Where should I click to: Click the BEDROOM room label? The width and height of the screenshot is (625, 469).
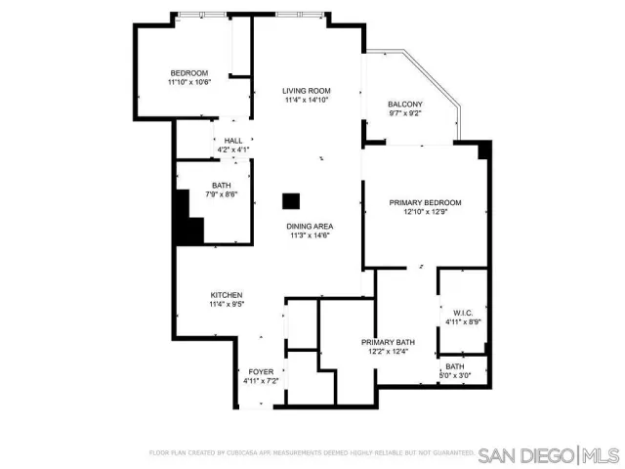[x=189, y=73]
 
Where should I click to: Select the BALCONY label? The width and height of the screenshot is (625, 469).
[x=405, y=105]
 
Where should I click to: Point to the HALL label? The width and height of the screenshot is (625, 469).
[x=233, y=141]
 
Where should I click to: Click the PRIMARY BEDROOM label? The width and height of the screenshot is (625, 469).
[x=425, y=202]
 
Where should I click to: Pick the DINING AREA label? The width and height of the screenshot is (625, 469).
[x=310, y=226]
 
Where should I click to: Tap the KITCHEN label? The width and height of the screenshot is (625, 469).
[x=227, y=295]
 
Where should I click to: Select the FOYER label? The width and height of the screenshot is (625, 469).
[x=261, y=371]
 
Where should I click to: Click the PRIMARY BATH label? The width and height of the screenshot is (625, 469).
[x=388, y=342]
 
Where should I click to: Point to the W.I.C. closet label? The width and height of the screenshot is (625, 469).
[x=463, y=313]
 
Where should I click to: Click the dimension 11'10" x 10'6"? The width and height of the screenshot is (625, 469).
[x=189, y=83]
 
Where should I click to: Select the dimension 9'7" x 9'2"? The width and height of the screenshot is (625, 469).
[x=405, y=114]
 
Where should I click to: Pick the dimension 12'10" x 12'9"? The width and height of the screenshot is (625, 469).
[x=425, y=212]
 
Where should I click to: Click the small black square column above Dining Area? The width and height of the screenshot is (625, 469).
[x=290, y=200]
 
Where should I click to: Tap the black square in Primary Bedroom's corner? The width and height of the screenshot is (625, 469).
[x=483, y=149]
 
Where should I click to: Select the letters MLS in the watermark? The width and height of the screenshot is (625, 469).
[x=604, y=455]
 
